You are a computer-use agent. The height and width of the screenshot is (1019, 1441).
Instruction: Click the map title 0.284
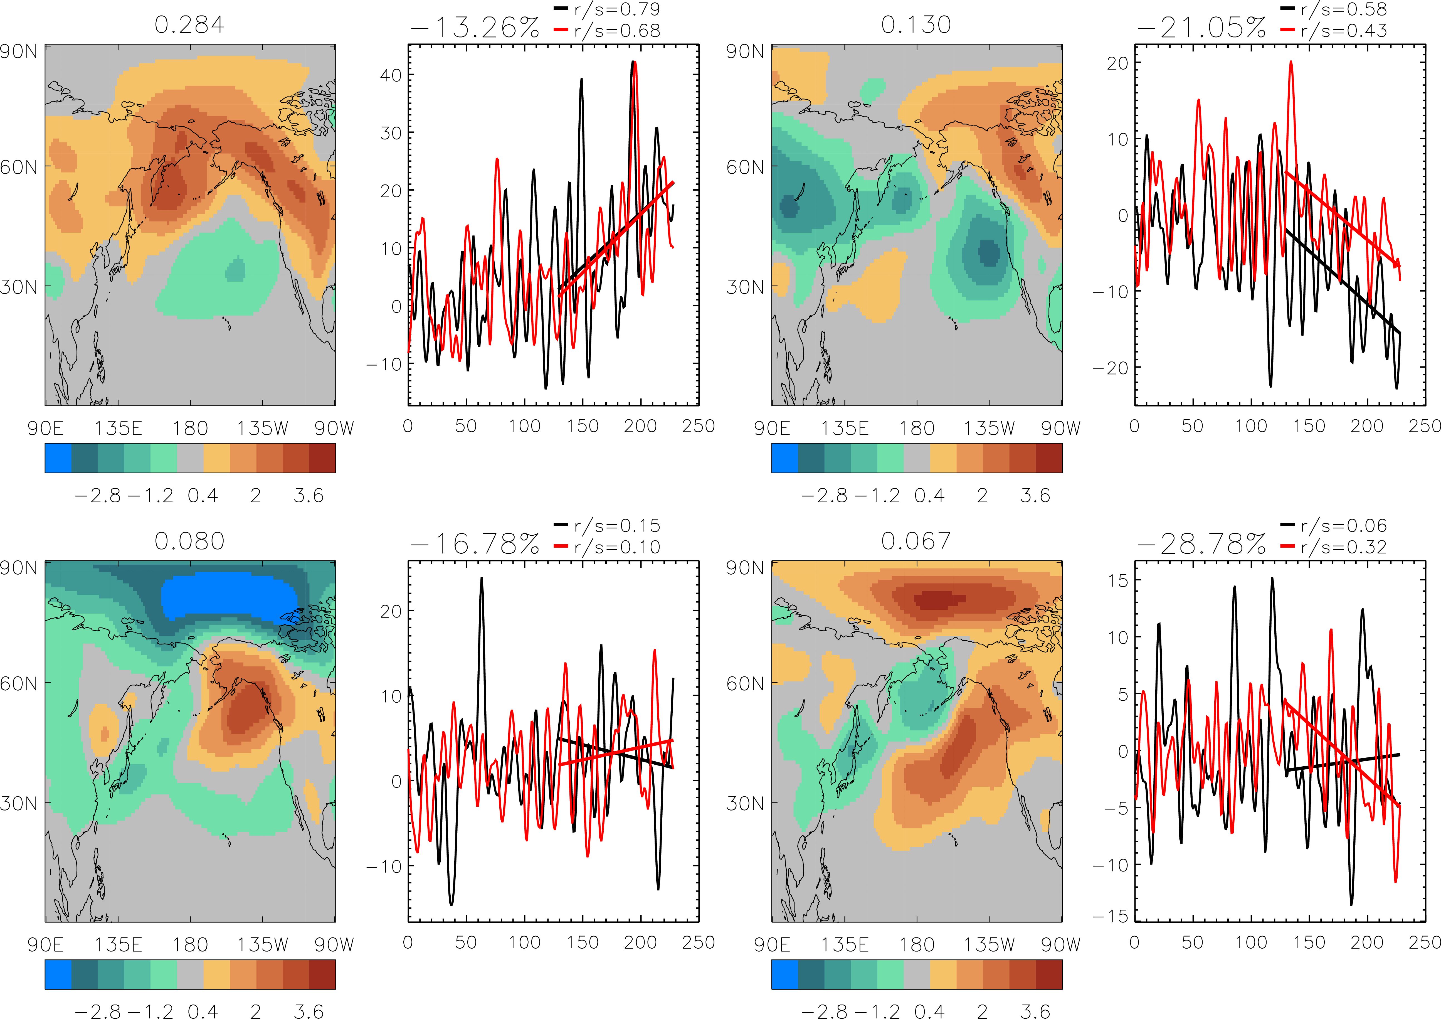tap(189, 25)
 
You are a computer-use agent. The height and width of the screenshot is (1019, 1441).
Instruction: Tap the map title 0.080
tap(189, 541)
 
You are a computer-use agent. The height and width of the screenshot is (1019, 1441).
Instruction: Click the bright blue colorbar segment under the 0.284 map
tap(58, 458)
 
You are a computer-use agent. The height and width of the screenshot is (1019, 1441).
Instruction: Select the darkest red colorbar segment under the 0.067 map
tap(1049, 974)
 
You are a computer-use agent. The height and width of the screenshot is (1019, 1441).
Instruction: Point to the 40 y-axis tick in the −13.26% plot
tap(390, 75)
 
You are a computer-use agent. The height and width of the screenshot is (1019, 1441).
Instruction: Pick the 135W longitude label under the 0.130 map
tap(989, 428)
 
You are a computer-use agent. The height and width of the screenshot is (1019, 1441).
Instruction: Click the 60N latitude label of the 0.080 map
tap(19, 683)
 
